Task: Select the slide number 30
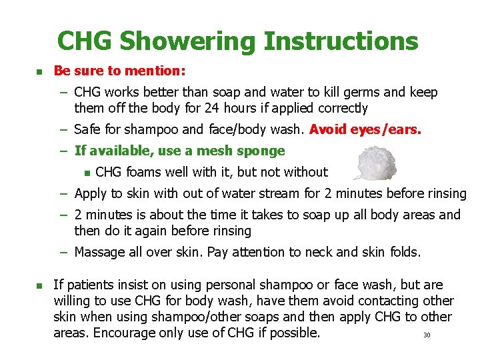[x=427, y=335]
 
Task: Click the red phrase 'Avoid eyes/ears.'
[x=365, y=129]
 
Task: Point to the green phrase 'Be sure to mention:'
[x=119, y=70]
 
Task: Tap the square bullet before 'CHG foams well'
[x=86, y=173]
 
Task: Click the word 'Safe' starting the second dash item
[x=89, y=129]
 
